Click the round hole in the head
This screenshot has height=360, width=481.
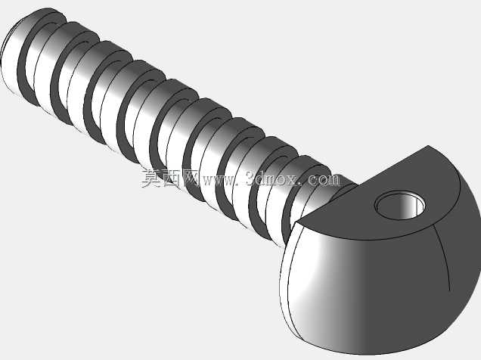(400, 205)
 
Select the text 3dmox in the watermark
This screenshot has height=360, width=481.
(272, 178)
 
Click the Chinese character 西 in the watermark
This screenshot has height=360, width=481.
(171, 178)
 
